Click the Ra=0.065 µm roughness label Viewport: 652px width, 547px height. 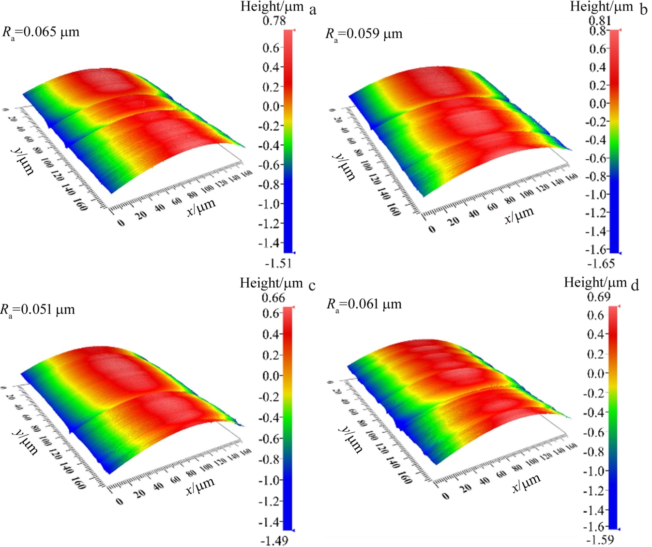tap(41, 32)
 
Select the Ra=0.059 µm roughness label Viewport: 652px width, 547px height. tap(364, 34)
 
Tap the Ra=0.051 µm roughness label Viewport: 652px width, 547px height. tap(38, 310)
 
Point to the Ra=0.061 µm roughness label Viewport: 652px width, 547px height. tap(364, 304)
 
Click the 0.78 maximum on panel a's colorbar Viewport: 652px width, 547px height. tap(274, 20)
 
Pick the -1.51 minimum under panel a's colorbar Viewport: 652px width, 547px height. tap(278, 263)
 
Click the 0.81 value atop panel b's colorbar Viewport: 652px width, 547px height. tap(600, 21)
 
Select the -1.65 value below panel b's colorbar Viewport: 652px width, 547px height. tap(601, 263)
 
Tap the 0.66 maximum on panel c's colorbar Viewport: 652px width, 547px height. tap(273, 297)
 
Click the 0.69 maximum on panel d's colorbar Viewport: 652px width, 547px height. tap(599, 297)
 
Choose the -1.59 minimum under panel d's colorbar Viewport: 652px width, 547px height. tap(600, 539)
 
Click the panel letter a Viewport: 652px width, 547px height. tap(313, 10)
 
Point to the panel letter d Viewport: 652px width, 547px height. tap(635, 285)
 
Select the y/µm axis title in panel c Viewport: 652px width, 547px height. tap(24, 441)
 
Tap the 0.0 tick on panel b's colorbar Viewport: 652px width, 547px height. tap(599, 104)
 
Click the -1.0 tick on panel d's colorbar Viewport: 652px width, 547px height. tap(595, 471)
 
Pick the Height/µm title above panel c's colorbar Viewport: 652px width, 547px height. tap(271, 283)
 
